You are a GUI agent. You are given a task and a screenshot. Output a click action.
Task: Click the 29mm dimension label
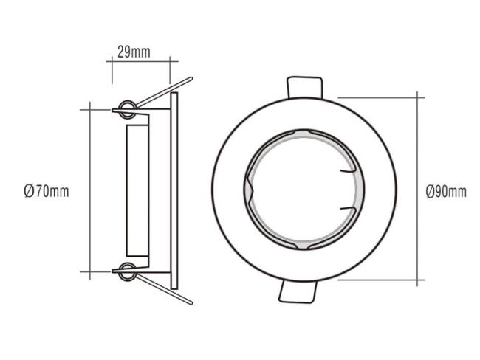(x=134, y=52)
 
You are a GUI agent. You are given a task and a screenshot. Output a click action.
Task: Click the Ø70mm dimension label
(x=47, y=192)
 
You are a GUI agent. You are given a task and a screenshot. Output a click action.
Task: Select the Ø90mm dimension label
(x=446, y=192)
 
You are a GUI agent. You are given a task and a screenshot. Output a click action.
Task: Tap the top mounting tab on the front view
(x=304, y=87)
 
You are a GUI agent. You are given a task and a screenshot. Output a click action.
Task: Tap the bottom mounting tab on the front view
(x=297, y=292)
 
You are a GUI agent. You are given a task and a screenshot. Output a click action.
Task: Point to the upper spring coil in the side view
(x=127, y=109)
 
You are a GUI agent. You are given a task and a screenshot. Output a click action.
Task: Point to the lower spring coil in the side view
(x=127, y=271)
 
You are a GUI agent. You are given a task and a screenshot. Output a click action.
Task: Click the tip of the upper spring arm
(x=191, y=79)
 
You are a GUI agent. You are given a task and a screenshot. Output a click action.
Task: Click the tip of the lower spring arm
(x=191, y=303)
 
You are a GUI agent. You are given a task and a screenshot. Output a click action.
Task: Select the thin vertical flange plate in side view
(x=174, y=190)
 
